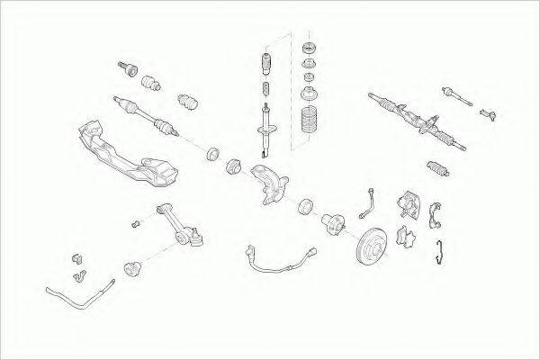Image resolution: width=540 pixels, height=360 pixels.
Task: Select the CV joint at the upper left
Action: (x=125, y=67)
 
